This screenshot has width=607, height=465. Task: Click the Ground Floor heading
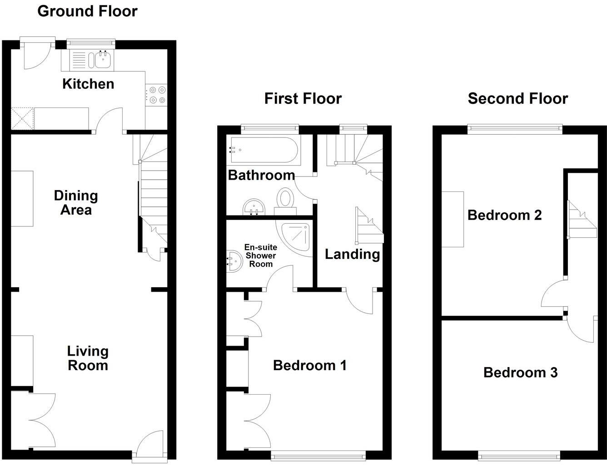(87, 11)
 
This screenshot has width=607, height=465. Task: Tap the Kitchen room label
(88, 84)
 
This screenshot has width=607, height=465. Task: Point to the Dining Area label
(76, 203)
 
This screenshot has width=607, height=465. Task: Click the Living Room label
(88, 358)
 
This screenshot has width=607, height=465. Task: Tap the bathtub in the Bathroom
(263, 150)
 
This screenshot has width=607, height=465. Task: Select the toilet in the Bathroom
(286, 201)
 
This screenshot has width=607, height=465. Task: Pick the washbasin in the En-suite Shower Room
(235, 261)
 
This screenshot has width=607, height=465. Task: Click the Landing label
(352, 255)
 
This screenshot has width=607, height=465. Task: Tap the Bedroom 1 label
(310, 365)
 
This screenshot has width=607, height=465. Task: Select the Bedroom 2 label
(504, 215)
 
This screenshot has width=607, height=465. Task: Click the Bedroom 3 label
(520, 372)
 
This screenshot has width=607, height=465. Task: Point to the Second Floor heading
(517, 98)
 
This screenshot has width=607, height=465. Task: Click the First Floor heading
(303, 98)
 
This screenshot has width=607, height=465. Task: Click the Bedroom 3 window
(519, 455)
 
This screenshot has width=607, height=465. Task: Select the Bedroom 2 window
(515, 129)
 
